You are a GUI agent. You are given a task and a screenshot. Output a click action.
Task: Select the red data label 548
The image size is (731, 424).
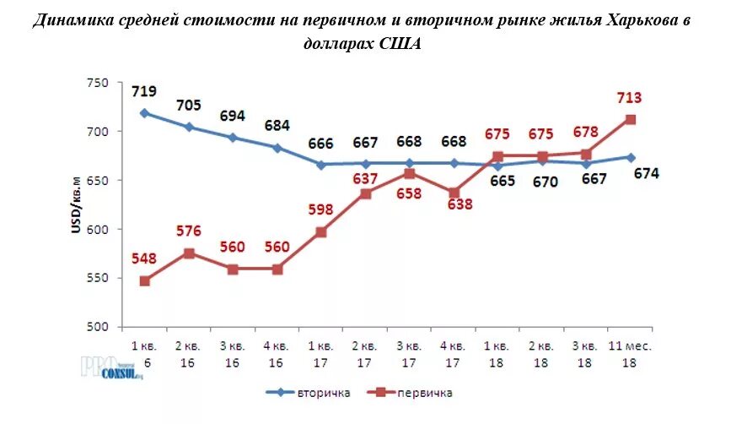tap(145, 258)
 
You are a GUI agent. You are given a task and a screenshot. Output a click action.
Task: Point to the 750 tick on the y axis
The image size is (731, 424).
tap(98, 83)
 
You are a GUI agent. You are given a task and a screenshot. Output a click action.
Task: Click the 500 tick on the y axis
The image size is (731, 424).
tap(98, 327)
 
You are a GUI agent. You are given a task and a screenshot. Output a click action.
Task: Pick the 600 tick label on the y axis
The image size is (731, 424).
tap(98, 230)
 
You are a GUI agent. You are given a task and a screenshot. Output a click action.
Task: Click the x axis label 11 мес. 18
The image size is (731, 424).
tap(629, 353)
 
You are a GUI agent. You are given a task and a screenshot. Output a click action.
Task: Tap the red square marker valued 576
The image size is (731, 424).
tap(189, 253)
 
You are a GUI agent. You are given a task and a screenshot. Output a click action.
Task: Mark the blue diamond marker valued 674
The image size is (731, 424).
tap(629, 157)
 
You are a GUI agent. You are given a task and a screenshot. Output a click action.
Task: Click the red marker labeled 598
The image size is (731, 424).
tap(321, 231)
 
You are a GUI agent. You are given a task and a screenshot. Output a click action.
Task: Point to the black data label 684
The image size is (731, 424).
tap(277, 126)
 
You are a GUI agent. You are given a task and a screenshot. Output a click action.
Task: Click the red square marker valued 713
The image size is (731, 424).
tap(629, 120)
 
